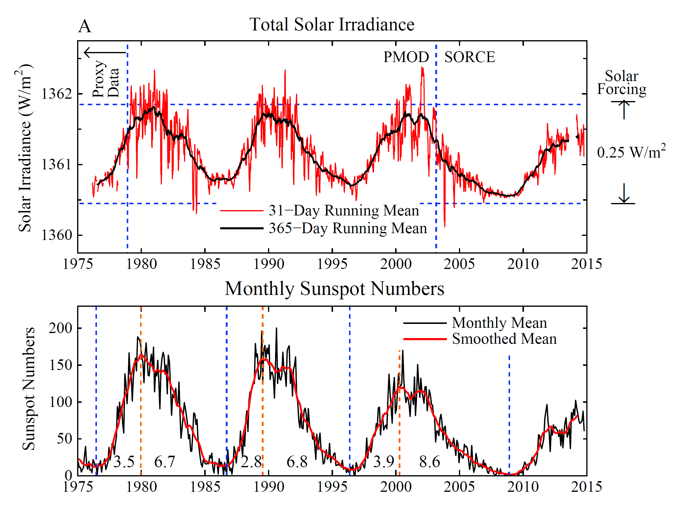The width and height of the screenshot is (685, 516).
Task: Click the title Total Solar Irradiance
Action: click(332, 25)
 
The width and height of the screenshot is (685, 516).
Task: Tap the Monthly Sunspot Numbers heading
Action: click(335, 289)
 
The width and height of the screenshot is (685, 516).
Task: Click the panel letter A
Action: click(85, 26)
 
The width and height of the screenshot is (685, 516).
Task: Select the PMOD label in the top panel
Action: click(406, 57)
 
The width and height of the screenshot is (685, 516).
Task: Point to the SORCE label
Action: click(470, 57)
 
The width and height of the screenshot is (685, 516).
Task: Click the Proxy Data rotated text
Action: click(105, 79)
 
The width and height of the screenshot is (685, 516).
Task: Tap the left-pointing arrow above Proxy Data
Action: click(105, 52)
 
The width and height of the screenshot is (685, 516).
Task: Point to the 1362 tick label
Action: click(57, 94)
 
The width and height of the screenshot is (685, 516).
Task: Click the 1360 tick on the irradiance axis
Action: click(57, 235)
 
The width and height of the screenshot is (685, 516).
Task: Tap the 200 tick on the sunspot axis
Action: click(60, 328)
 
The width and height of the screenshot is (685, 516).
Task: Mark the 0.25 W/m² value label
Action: click(631, 152)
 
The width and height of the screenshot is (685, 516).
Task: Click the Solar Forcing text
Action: click(621, 83)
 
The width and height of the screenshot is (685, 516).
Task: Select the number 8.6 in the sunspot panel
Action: click(429, 462)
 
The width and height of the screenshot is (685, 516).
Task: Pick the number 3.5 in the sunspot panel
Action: click(124, 462)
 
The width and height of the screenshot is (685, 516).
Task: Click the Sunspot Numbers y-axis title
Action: click(29, 389)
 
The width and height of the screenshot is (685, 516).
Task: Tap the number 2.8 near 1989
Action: click(251, 462)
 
